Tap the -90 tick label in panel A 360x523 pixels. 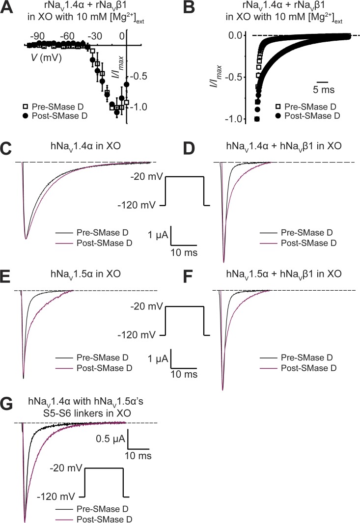(37, 36)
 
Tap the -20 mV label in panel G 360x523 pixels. (65, 468)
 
